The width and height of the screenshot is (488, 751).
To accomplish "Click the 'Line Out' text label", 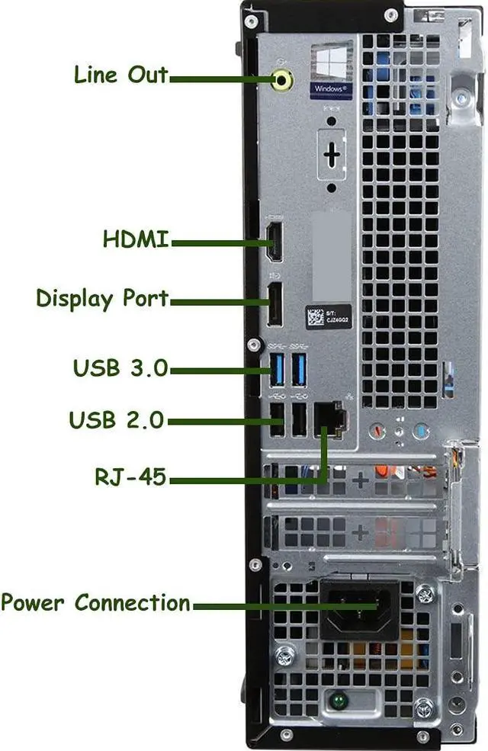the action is tap(120, 75).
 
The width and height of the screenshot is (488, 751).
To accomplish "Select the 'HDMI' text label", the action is tap(136, 239).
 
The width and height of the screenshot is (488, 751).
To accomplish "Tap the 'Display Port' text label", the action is tap(102, 298).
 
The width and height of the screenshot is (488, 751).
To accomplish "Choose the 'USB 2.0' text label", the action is tap(117, 419).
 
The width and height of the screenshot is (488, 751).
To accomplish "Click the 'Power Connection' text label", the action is tap(95, 603).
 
